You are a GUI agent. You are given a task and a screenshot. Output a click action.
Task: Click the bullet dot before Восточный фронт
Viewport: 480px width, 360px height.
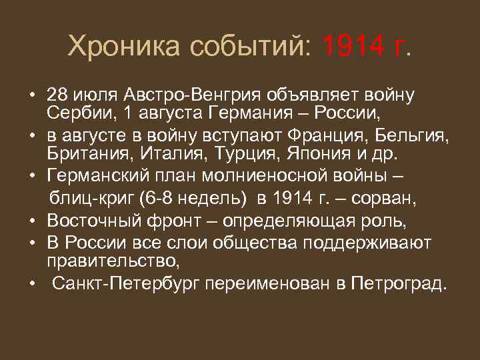point(31,220)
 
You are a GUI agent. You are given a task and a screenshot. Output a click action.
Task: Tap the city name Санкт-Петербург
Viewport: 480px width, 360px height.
point(128,285)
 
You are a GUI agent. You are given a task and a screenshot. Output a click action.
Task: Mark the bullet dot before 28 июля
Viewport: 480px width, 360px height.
point(31,94)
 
